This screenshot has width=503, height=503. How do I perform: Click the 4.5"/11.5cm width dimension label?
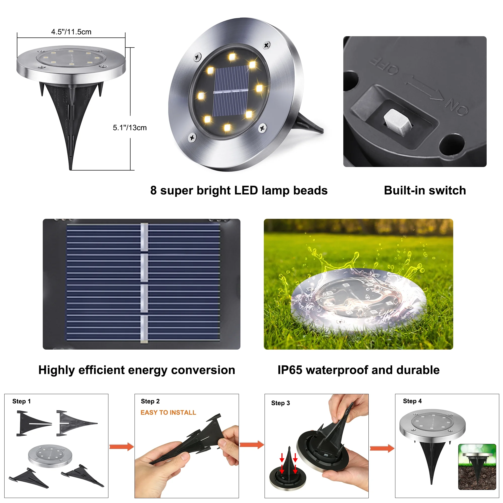point(71,32)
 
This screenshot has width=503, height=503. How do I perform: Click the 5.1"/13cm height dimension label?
point(130,128)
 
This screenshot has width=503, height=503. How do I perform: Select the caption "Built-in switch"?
point(425,190)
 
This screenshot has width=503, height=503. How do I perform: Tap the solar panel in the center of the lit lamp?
point(231,91)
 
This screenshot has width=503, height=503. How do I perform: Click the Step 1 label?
point(21,401)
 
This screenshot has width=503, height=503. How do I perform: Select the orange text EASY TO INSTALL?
point(168,412)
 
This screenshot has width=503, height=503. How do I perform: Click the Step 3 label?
point(280,403)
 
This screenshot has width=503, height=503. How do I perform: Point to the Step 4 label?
point(412,401)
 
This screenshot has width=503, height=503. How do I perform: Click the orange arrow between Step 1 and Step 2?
point(121,447)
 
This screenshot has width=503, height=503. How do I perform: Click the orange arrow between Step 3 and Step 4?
point(382,448)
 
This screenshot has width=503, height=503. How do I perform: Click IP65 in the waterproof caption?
point(290,370)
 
